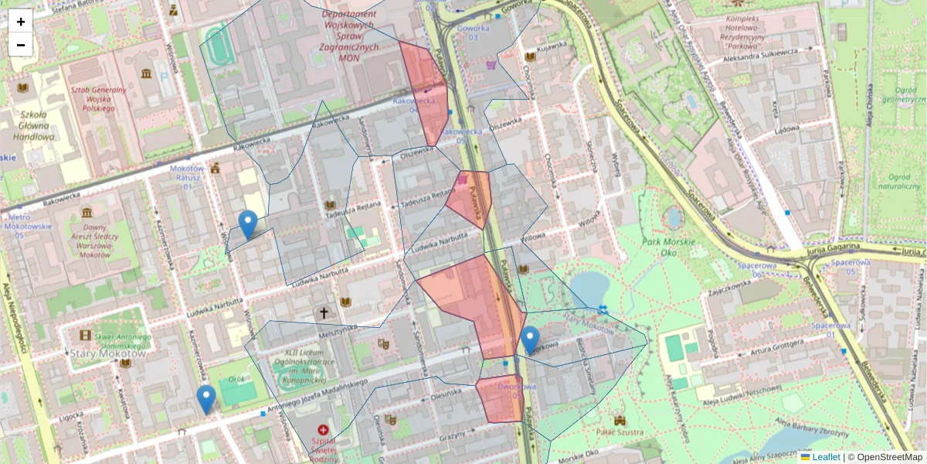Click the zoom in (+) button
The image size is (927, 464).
pos(21,21)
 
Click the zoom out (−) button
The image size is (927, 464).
pos(21,45)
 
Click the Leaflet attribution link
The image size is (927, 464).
pos(826,457)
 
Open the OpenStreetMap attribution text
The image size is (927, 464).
pos(889,457)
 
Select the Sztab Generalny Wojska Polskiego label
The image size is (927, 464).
pos(98,99)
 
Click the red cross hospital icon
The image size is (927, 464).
pos(323,429)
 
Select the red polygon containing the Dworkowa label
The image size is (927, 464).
pos(500,398)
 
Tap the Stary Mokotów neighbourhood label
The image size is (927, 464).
pos(97,353)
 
